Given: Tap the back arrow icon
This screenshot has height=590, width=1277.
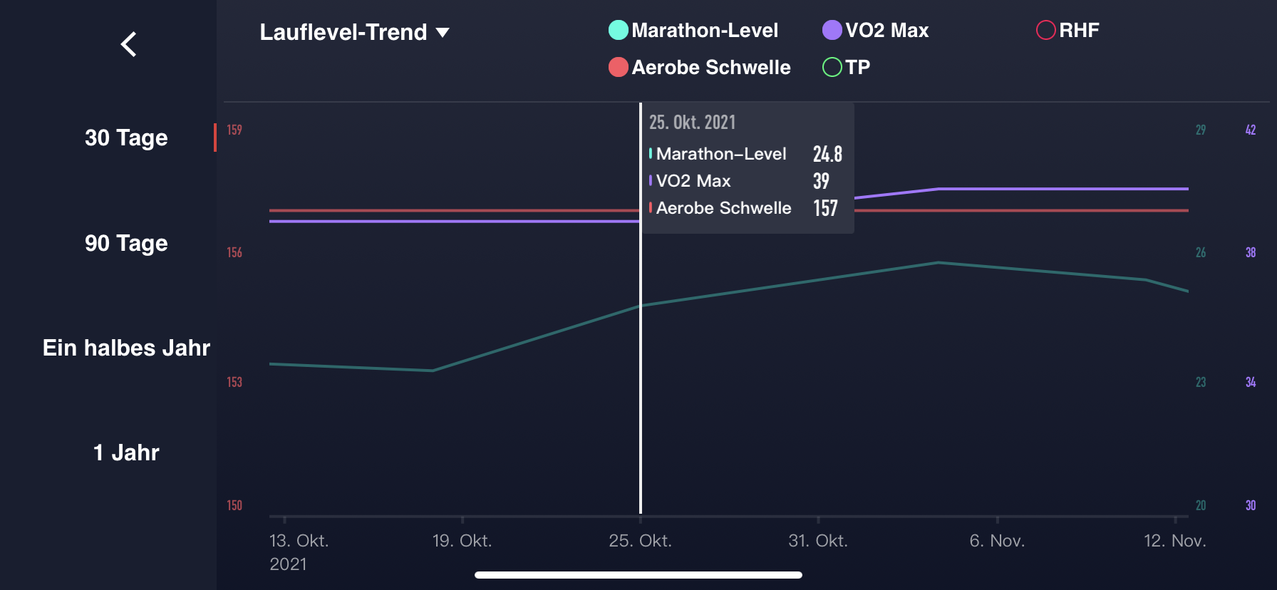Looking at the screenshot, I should pos(128,44).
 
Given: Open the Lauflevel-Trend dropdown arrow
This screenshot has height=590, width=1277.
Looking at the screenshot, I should pos(443,33).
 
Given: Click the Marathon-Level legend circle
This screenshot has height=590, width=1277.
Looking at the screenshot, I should pos(619,30).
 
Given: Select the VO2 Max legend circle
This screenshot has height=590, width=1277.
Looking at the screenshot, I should pos(832,30).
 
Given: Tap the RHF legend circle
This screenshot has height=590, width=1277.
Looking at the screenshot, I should pos(1045,30).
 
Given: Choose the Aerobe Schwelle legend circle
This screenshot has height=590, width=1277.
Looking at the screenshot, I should pos(619,67).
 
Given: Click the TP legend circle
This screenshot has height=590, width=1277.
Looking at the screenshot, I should pos(832,67).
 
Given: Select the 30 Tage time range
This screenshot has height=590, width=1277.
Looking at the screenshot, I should pos(126,138).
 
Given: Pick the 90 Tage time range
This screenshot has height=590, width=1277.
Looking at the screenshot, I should pos(126,243).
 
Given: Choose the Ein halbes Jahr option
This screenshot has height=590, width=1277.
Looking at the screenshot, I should pos(126,348).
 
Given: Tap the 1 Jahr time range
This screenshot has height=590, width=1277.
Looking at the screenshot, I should pos(126,452).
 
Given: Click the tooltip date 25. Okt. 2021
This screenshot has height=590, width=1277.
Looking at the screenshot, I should pos(692,123).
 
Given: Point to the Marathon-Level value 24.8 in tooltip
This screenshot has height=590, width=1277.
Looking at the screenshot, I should pos(827,154).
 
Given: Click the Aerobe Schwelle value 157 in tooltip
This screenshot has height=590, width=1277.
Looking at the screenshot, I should pos(825,208).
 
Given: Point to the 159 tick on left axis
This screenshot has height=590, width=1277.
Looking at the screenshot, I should pos(234,130).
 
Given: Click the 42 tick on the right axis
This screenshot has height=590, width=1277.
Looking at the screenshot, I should pos(1250,130).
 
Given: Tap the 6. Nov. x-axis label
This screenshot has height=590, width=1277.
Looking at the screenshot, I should pos(997,541).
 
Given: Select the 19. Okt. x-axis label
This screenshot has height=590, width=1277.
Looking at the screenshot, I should pos(462,541).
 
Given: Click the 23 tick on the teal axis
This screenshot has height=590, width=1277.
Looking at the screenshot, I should pos(1201,382).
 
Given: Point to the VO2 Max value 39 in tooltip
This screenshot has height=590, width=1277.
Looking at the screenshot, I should pos(821,181).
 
